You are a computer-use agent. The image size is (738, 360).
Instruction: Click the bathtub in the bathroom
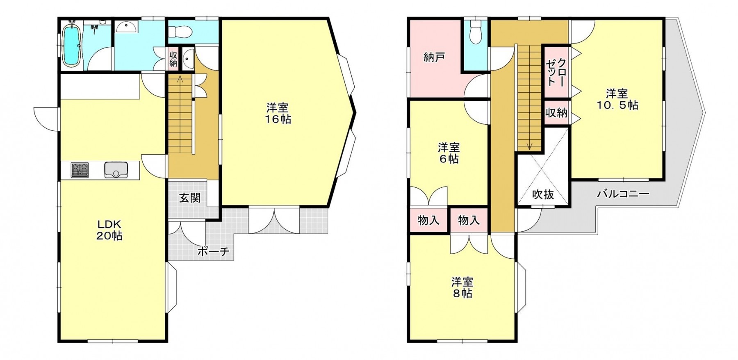71,45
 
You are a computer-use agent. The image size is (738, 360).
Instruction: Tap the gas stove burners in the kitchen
80,170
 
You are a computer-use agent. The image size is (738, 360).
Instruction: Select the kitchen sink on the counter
116,170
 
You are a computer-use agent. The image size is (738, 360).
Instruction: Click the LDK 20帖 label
109,230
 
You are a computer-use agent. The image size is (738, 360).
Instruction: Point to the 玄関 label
190,198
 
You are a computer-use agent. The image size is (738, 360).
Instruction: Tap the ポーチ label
213,251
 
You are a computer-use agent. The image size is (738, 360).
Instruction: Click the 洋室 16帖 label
278,114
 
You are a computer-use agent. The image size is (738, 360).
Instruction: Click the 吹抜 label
543,194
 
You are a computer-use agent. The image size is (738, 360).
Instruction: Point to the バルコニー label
623,194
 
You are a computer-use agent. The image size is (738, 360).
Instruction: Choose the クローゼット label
556,72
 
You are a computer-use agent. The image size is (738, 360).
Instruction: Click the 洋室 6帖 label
449,153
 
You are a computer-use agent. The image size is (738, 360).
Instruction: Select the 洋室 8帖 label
462,287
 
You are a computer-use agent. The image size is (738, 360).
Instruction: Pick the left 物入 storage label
428,221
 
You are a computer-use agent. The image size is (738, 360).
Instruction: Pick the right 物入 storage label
469,221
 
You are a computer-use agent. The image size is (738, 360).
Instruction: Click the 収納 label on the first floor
173,59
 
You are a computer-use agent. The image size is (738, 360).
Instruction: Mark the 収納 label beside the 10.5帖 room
556,112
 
